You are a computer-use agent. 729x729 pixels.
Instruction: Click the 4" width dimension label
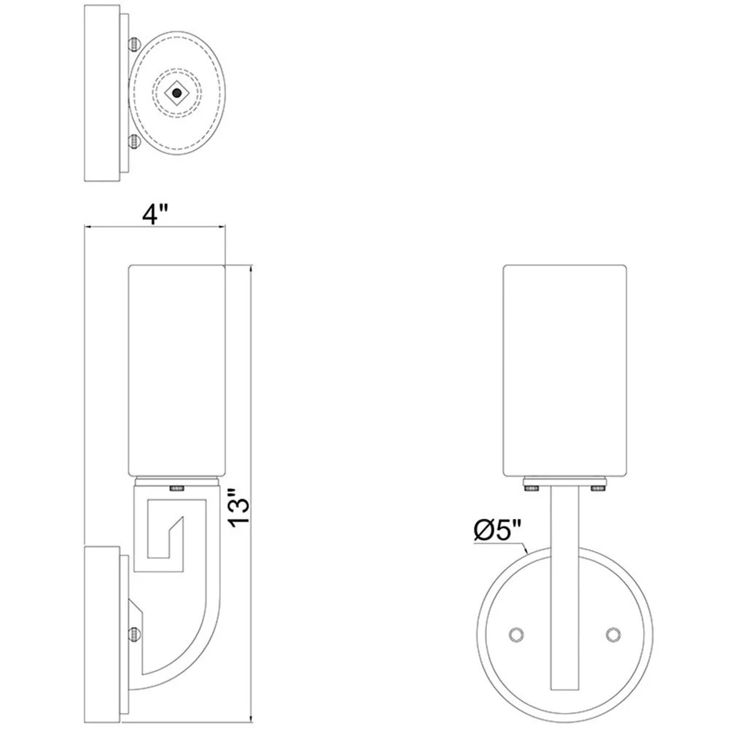[155, 214]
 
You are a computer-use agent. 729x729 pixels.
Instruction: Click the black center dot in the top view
[176, 93]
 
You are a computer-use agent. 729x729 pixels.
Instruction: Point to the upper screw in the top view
[134, 44]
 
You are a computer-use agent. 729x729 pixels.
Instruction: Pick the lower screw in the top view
[134, 141]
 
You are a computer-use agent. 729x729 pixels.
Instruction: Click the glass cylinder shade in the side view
[176, 368]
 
